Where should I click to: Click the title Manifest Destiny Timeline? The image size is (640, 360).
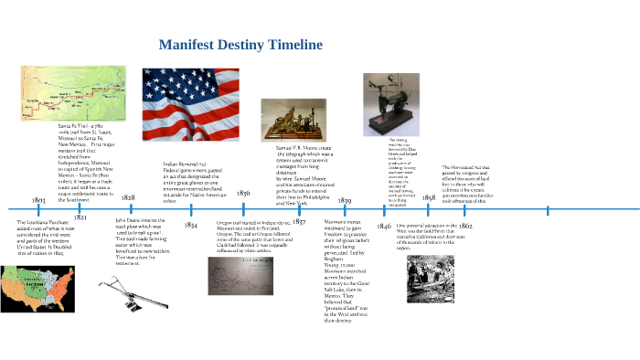pyautogui.click(x=240, y=45)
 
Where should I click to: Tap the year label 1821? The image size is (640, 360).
pyautogui.click(x=80, y=217)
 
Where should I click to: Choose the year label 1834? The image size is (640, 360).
pyautogui.click(x=191, y=224)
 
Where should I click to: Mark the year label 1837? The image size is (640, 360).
pyautogui.click(x=299, y=222)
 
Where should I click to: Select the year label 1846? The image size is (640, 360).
pyautogui.click(x=384, y=225)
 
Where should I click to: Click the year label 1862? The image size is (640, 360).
pyautogui.click(x=465, y=225)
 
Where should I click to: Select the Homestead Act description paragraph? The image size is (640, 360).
pyautogui.click(x=481, y=182)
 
